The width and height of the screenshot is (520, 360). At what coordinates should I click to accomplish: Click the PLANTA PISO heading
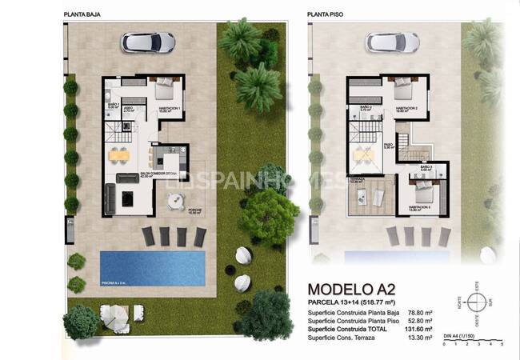[323, 14]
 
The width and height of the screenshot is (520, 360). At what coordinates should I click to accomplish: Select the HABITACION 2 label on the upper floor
[406, 108]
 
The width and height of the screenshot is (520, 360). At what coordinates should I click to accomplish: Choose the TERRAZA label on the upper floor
[356, 178]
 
